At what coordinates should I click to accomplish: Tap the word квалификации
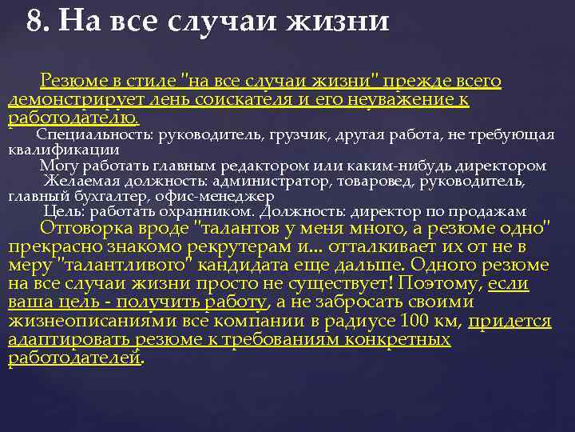(64, 149)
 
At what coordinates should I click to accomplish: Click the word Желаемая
(81, 181)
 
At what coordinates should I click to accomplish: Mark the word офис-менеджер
(214, 196)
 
